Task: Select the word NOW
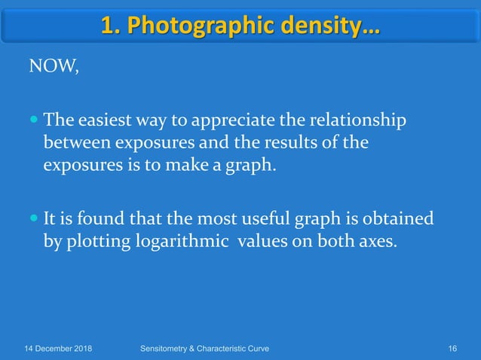(x=53, y=68)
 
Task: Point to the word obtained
(x=402, y=220)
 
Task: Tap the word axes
(x=375, y=243)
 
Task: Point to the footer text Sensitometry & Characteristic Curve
(x=205, y=348)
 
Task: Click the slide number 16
(x=452, y=348)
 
